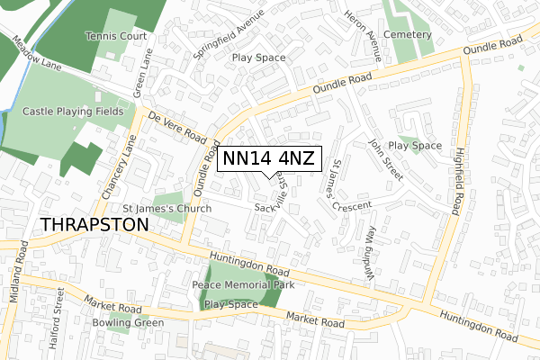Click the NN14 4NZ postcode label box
click(268, 159)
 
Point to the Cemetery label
click(407, 34)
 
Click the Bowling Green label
click(128, 322)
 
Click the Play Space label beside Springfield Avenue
click(258, 58)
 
